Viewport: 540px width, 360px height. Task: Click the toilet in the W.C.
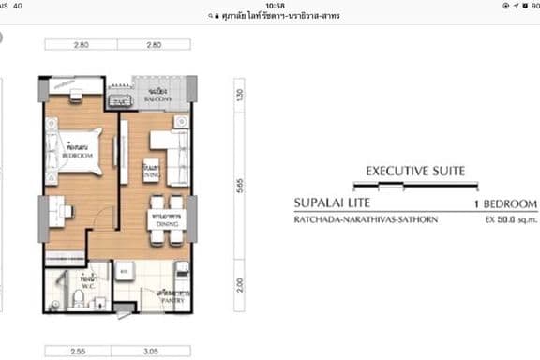pos(81,299)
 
